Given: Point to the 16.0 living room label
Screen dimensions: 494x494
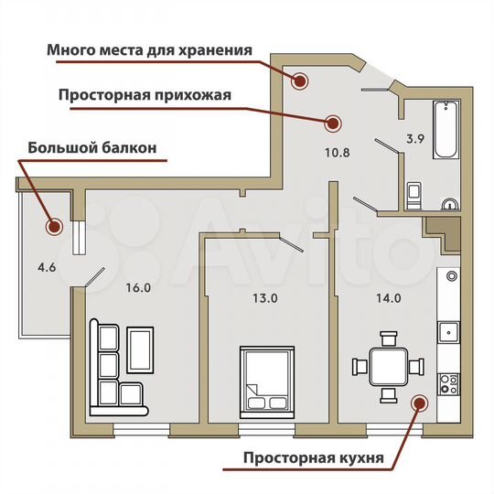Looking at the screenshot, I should click(x=137, y=286).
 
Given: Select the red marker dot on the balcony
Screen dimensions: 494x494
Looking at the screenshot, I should click(x=54, y=225).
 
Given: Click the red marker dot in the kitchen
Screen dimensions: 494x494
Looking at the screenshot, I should click(x=419, y=402).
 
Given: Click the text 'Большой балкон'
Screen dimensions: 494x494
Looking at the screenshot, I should click(x=93, y=146).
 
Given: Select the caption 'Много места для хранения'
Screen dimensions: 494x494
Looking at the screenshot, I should click(x=149, y=49).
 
